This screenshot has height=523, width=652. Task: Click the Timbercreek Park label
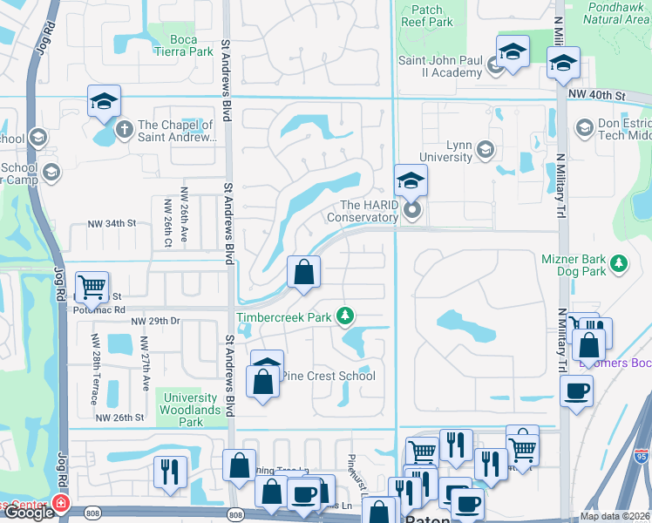[x=285, y=317]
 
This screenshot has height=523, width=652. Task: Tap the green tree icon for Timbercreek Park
[x=346, y=315]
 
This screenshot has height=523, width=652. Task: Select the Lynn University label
[x=445, y=150]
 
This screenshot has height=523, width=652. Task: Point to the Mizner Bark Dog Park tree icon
[x=619, y=262]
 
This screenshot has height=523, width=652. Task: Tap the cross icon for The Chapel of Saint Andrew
[x=124, y=130]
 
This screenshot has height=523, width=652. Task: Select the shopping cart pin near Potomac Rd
[x=92, y=285]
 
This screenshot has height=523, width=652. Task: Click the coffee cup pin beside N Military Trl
[x=576, y=390]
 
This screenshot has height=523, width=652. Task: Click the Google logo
[x=29, y=513]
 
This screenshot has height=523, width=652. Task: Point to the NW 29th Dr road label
[x=155, y=322]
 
